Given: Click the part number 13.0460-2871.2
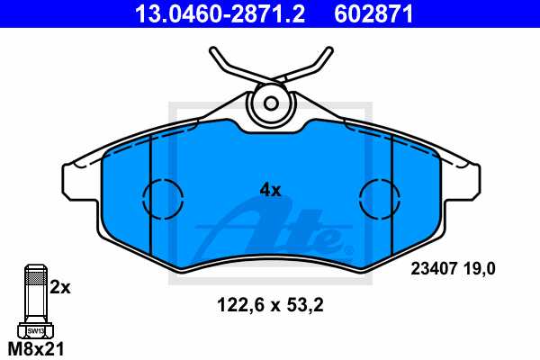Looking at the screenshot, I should click(210, 13).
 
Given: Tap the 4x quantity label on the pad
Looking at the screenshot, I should click(270, 190).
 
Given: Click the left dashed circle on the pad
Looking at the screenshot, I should click(162, 197).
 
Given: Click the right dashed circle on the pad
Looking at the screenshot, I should click(379, 197).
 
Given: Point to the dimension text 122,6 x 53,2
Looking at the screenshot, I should click(270, 304).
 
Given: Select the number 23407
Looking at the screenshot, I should click(433, 267).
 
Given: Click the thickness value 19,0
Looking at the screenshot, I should click(481, 267).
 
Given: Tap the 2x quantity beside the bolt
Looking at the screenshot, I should click(59, 288).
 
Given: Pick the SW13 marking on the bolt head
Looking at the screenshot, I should click(34, 332).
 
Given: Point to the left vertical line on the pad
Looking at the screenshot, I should click(148, 193).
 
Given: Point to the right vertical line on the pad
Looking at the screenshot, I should click(393, 193).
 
